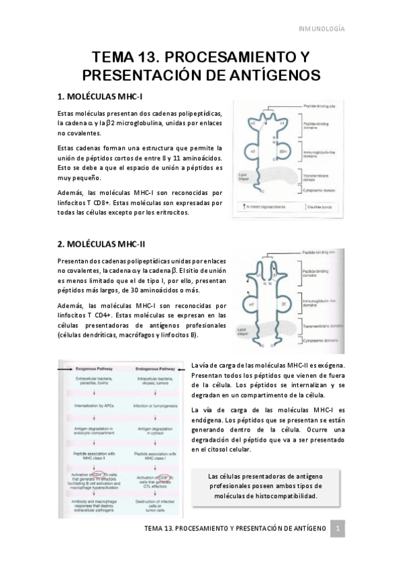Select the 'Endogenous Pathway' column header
coord(156,369)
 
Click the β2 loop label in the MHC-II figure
coord(284,304)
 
